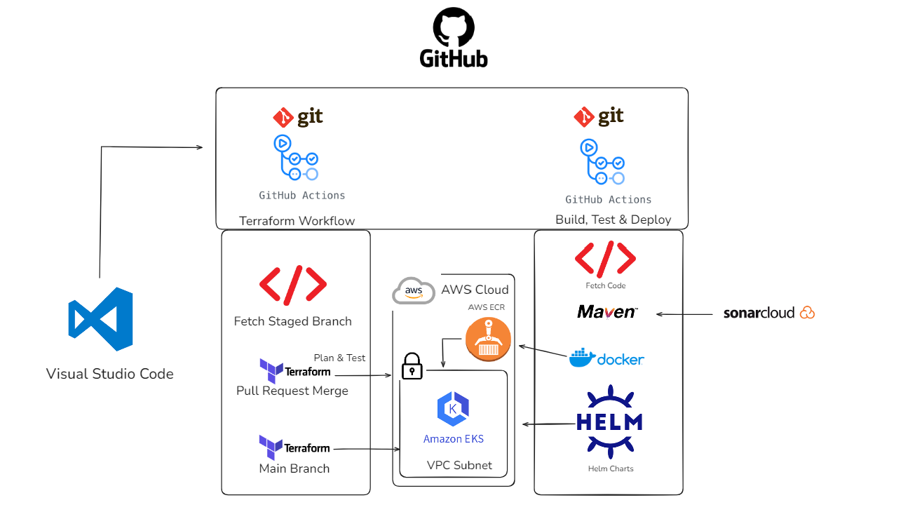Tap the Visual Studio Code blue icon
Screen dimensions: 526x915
click(x=101, y=319)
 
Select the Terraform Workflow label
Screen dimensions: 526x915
click(x=297, y=221)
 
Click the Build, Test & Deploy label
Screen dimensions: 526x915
click(x=613, y=220)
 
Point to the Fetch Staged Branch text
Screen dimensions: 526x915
click(x=292, y=321)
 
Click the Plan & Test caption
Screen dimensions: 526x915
click(x=339, y=358)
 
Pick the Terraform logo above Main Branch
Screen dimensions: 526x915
click(x=294, y=447)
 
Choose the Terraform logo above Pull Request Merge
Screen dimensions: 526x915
click(x=294, y=370)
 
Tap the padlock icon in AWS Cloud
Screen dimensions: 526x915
click(x=412, y=366)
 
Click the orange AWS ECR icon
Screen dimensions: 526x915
click(x=488, y=339)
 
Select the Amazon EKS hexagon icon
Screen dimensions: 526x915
click(x=453, y=410)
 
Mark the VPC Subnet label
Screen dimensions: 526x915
click(x=459, y=465)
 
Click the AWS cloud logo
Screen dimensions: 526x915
click(x=414, y=290)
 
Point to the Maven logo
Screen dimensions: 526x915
click(x=607, y=311)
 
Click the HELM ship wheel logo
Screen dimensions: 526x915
click(x=609, y=422)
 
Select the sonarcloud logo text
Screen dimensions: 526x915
click(x=768, y=313)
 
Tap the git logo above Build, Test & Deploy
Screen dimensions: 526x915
click(x=599, y=116)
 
